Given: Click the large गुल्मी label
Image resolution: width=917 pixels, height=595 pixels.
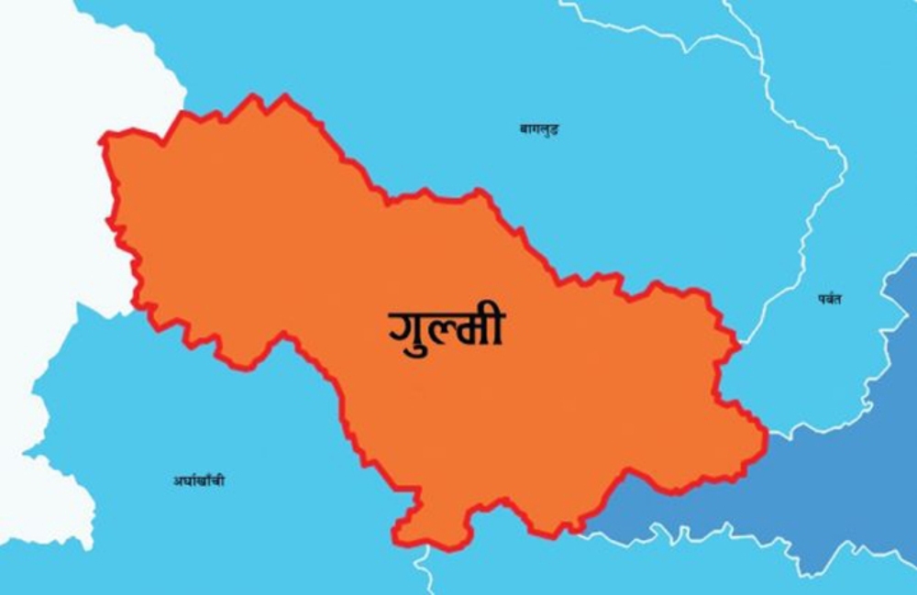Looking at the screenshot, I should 447,328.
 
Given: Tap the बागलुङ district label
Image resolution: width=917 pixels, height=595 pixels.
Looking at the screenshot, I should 539,129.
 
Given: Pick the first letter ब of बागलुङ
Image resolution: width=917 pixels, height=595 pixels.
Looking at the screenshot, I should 525,129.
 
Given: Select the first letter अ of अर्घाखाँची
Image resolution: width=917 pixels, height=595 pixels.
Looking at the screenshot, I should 176,480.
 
